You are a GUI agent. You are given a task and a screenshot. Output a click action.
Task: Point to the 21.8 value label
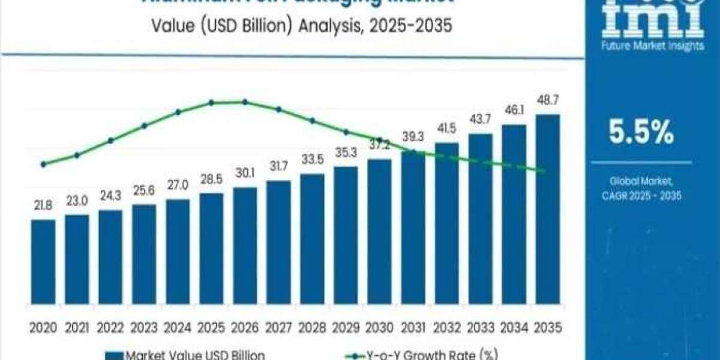click(43, 206)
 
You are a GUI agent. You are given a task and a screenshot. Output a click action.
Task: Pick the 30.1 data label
click(245, 173)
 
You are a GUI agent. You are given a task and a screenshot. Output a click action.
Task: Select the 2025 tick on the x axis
click(211, 328)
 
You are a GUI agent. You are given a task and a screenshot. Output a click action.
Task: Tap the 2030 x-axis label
click(379, 328)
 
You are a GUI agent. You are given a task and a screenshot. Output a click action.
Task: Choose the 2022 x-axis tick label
click(110, 328)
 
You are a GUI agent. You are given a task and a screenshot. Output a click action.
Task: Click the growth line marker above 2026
click(245, 102)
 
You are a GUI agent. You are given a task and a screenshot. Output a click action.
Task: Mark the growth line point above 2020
click(43, 164)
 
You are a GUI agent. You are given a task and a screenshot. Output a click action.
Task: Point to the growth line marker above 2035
click(544, 172)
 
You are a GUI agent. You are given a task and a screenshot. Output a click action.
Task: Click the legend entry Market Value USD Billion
click(186, 355)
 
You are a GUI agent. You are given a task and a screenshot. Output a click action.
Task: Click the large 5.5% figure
click(640, 133)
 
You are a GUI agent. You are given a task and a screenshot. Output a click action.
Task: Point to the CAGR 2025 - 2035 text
click(641, 196)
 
